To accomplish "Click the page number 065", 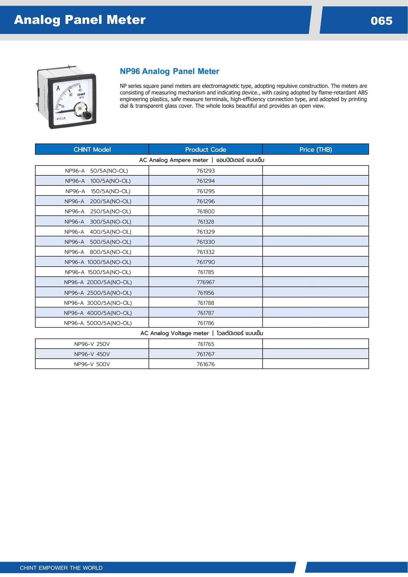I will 381,21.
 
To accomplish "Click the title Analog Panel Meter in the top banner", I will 80,20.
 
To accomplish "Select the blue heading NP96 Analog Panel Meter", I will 170,71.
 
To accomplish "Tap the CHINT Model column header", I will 92,150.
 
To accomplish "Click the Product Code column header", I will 206,150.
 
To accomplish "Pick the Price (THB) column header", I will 315,150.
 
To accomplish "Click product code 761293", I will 206,171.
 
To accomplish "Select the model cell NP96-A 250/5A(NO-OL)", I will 98,211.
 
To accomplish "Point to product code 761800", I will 206,211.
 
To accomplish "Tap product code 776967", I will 206,282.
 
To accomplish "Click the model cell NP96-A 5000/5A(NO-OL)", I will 98,323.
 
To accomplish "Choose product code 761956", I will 206,293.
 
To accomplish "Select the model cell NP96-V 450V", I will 92,354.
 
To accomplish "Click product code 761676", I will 206,364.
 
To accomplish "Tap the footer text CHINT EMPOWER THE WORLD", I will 61,568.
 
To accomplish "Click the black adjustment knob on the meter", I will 88,115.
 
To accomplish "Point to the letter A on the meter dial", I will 58,88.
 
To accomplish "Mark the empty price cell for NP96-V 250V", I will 315,344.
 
